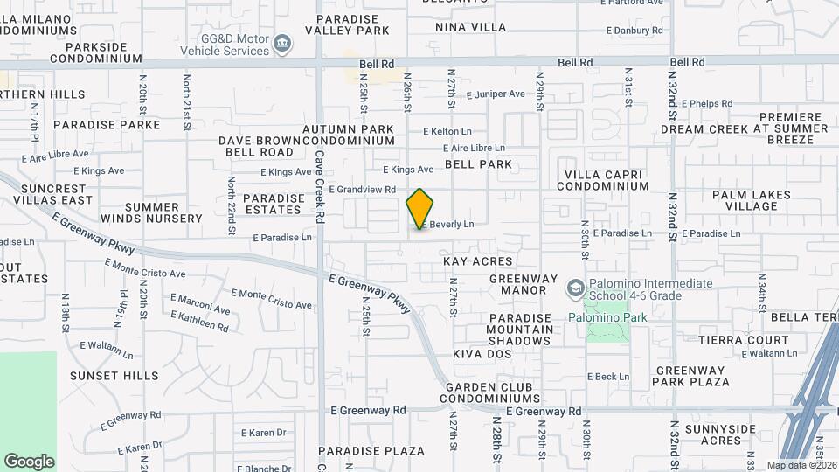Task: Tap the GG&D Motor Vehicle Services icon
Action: tap(282, 44)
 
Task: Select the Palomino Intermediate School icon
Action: tap(575, 288)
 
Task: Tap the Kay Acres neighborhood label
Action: tap(478, 261)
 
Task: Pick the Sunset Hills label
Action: tap(114, 376)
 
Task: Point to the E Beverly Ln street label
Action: tap(447, 225)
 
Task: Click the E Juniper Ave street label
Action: tap(496, 94)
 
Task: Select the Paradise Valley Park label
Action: tap(347, 24)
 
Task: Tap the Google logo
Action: tap(29, 462)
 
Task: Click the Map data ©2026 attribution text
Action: tap(801, 465)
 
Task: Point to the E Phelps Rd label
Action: tap(705, 103)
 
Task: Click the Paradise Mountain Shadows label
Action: tap(520, 330)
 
